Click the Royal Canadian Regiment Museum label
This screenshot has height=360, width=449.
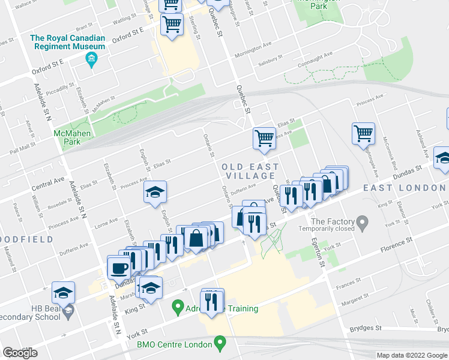68,42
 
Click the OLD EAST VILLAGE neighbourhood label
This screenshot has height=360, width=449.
250,171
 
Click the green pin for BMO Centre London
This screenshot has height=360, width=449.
220,344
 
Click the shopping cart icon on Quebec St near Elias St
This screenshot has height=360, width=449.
264,138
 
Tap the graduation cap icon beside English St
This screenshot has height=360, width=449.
155,192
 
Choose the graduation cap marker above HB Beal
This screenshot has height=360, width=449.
63,293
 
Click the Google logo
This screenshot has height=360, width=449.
20,353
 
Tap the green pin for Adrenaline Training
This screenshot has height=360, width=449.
177,308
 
